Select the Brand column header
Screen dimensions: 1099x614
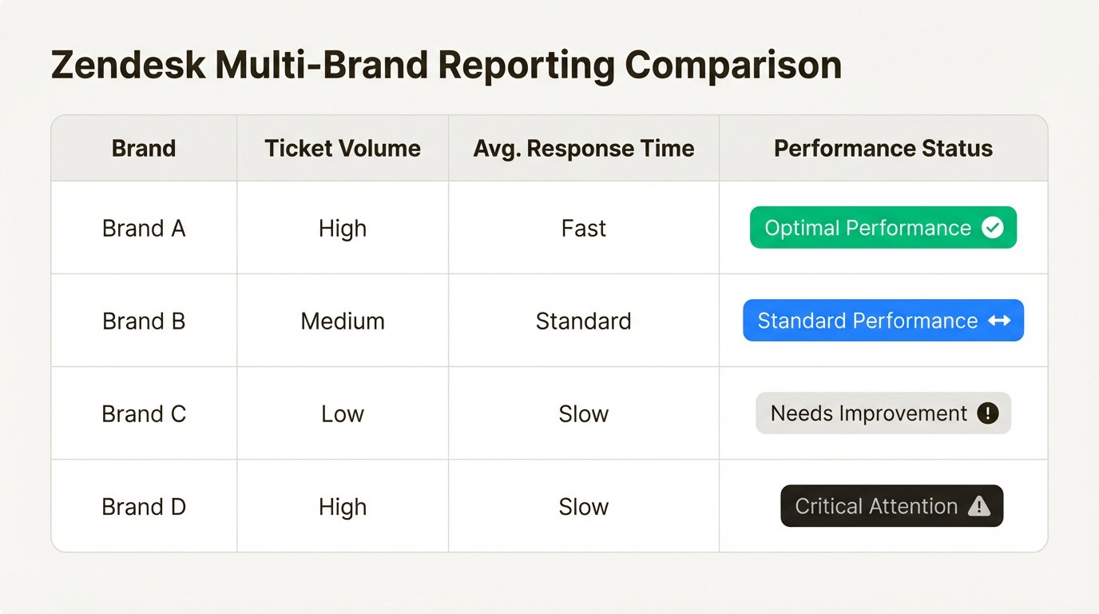point(144,149)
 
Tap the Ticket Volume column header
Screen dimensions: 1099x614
point(343,149)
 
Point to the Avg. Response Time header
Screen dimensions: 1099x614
point(583,149)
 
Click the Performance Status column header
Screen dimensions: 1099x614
point(883,149)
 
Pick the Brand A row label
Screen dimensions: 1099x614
point(144,229)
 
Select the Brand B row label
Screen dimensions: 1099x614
point(144,321)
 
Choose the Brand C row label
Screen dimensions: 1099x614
point(144,414)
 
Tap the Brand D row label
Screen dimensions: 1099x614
point(144,507)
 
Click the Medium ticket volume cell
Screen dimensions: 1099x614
point(343,321)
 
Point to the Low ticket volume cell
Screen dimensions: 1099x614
point(343,414)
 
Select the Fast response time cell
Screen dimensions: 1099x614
point(583,229)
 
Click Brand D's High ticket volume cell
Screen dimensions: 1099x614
point(343,507)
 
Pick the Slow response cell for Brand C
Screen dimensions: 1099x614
point(583,414)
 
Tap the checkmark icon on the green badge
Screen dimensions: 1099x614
point(993,227)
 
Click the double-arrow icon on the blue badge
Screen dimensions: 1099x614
point(999,321)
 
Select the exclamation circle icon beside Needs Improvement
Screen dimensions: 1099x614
point(988,413)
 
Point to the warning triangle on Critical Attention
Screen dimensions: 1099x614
point(979,506)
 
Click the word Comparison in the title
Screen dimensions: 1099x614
point(733,66)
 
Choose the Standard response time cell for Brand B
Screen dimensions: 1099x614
point(583,321)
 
